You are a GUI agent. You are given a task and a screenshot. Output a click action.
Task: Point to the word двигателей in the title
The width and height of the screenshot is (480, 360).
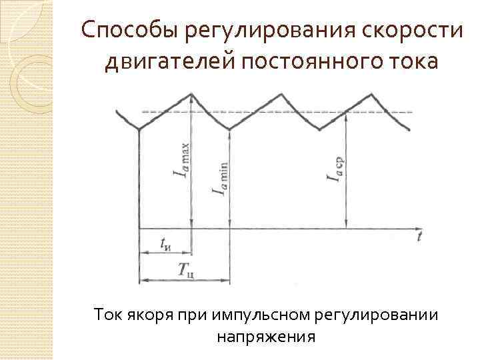(167, 63)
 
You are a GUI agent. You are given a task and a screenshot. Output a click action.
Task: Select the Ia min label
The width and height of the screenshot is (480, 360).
(220, 179)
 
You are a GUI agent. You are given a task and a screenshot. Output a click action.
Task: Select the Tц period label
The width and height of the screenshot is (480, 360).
(186, 270)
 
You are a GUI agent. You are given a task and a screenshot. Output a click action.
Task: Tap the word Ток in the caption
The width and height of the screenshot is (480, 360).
(109, 313)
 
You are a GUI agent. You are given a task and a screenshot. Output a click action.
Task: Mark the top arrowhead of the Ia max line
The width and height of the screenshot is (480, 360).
(192, 96)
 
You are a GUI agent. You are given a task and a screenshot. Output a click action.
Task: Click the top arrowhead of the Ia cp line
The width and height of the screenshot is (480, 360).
(346, 115)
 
